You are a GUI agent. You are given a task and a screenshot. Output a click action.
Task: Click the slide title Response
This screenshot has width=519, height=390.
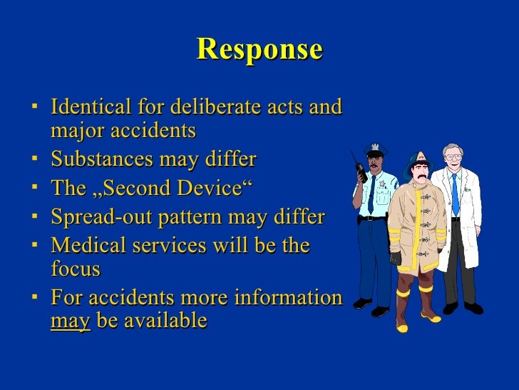pyautogui.click(x=259, y=49)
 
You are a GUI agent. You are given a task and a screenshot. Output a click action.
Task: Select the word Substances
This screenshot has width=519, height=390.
pyautogui.click(x=101, y=157)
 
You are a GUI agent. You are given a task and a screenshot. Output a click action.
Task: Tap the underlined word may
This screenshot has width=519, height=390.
pyautogui.click(x=70, y=321)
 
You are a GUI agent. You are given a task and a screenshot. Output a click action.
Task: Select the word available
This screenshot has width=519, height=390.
pyautogui.click(x=165, y=321)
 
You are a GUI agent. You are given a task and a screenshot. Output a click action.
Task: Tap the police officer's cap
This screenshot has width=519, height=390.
pyautogui.click(x=375, y=150)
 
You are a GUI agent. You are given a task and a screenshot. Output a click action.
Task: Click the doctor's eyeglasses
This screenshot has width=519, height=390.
pyautogui.click(x=452, y=157)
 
